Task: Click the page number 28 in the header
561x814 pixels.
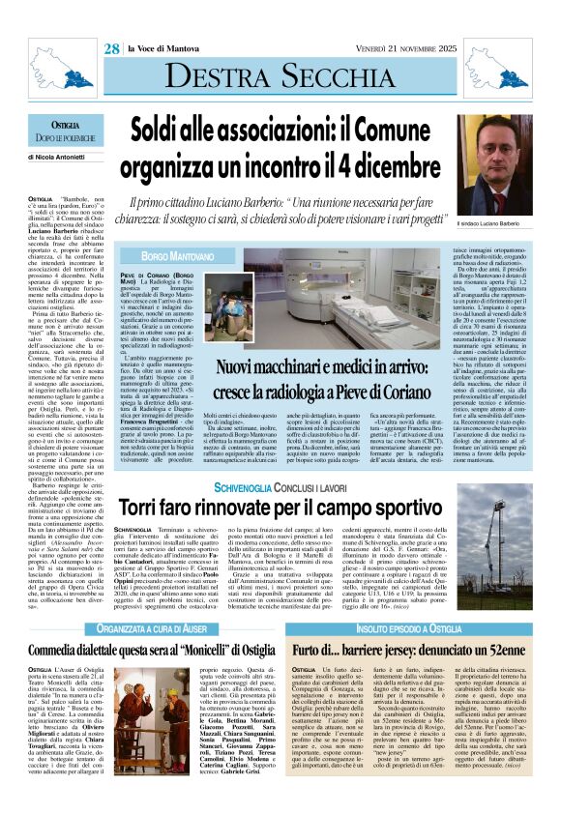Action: (113, 47)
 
